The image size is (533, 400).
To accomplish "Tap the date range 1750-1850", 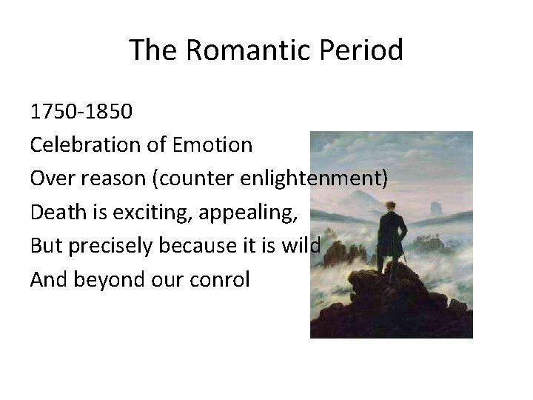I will tap(81, 112).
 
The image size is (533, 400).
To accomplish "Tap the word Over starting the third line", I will tap(50, 178).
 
